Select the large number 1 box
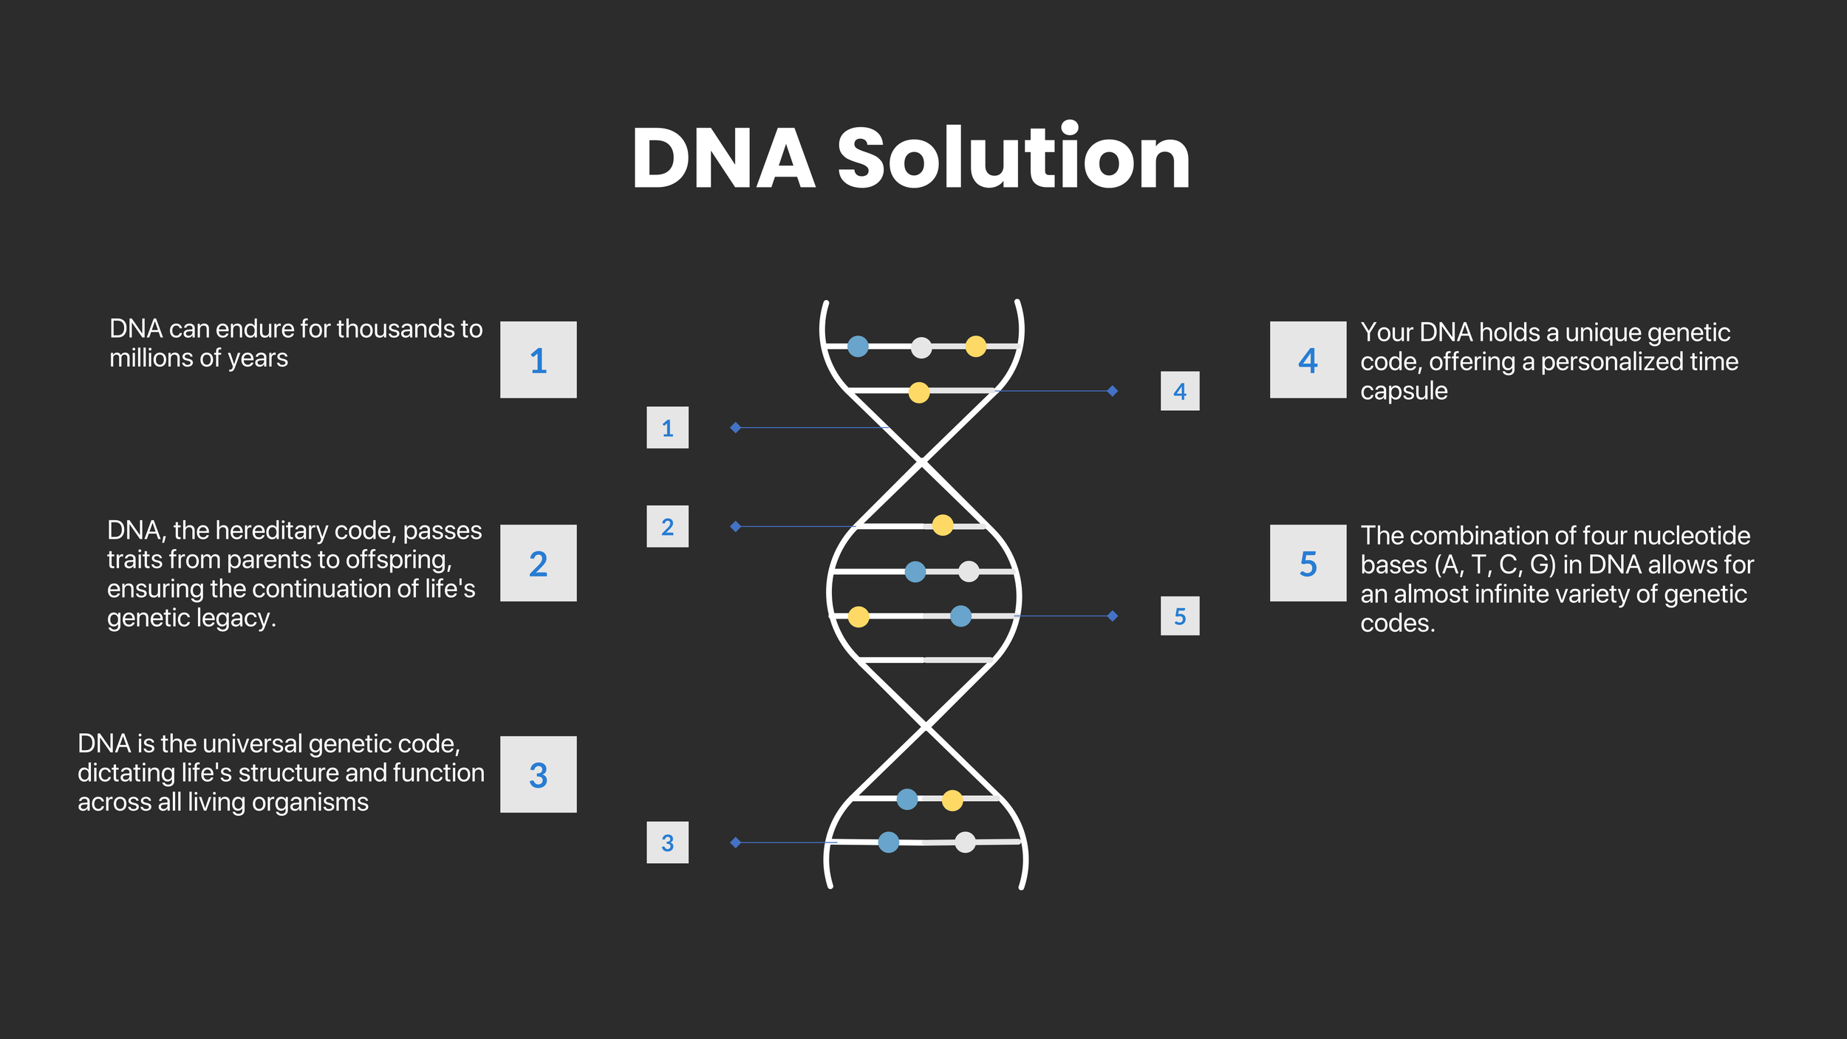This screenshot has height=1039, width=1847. pos(538,360)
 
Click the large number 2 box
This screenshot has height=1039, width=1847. pos(538,563)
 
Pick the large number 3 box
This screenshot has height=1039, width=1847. pos(538,774)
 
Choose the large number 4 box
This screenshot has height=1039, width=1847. pos(1308,360)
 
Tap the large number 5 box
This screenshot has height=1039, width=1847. pos(1308,563)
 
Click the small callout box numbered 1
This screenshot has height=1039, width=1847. pos(667,427)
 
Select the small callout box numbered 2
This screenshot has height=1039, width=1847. pos(667,526)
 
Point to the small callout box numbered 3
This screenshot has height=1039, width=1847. pos(667,842)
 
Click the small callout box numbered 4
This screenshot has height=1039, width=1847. pos(1180,391)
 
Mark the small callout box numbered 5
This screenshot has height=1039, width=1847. pos(1180,616)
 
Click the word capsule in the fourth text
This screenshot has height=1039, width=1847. pos(1404,391)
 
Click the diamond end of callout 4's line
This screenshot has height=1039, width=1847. pos(1113,391)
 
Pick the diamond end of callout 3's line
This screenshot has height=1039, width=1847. pos(735,842)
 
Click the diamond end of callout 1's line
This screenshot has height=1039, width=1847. pos(735,427)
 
